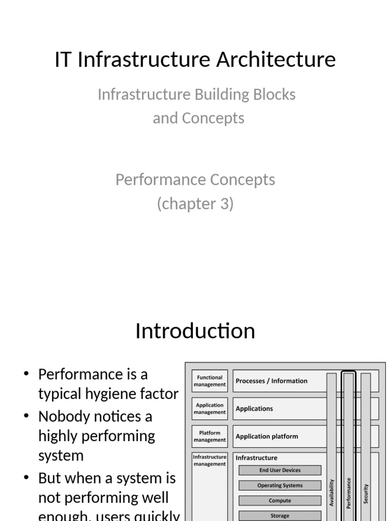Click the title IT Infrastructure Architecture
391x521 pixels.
[195, 60]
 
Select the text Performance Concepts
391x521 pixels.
[195, 180]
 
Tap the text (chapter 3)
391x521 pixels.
[195, 204]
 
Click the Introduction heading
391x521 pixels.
[195, 331]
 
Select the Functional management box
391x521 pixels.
[210, 381]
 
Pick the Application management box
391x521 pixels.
[210, 409]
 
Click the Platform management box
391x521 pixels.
[210, 436]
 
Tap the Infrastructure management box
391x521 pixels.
[210, 460]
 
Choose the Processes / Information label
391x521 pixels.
[271, 381]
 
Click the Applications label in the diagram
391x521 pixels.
[254, 409]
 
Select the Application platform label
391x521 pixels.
[267, 437]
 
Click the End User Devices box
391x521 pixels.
[280, 471]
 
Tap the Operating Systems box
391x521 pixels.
[280, 485]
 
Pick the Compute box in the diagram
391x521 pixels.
[280, 501]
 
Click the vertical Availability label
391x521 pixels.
[332, 492]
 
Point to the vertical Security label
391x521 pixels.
[366, 494]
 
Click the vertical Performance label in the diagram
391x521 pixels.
[349, 492]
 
